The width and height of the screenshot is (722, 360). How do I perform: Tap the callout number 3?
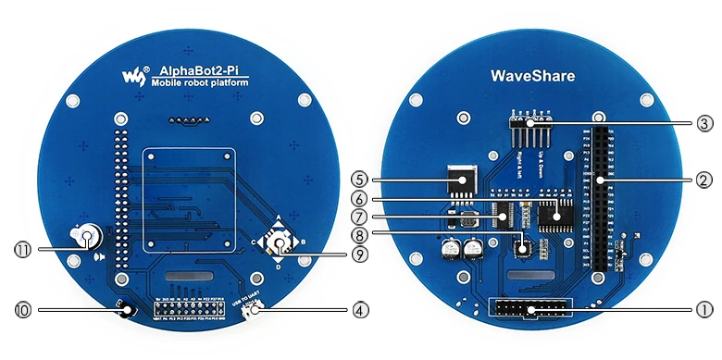(703, 122)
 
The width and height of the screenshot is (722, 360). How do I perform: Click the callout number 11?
(21, 248)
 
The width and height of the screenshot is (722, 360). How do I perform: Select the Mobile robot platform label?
(200, 83)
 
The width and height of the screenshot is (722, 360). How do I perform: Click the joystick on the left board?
(279, 243)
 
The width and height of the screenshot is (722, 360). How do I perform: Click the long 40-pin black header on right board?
(599, 198)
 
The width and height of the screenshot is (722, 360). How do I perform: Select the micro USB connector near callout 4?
(249, 314)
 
